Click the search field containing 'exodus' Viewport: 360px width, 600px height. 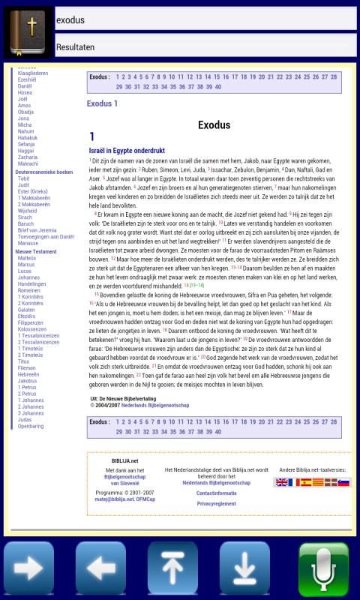pyautogui.click(x=205, y=19)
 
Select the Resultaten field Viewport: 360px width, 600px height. pyautogui.click(x=205, y=46)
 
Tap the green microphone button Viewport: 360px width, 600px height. pyautogui.click(x=324, y=568)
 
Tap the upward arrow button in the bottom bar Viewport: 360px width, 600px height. pyautogui.click(x=173, y=568)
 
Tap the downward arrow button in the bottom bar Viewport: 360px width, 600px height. pyautogui.click(x=244, y=568)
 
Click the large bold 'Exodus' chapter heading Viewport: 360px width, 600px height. pyautogui.click(x=214, y=125)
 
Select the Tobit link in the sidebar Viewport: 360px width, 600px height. pyautogui.click(x=24, y=178)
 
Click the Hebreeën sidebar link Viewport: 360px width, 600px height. pyautogui.click(x=29, y=373)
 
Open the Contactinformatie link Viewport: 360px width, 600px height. pyautogui.click(x=217, y=493)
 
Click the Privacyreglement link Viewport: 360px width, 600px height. pyautogui.click(x=217, y=504)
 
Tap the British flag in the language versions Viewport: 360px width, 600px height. pyautogui.click(x=281, y=483)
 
